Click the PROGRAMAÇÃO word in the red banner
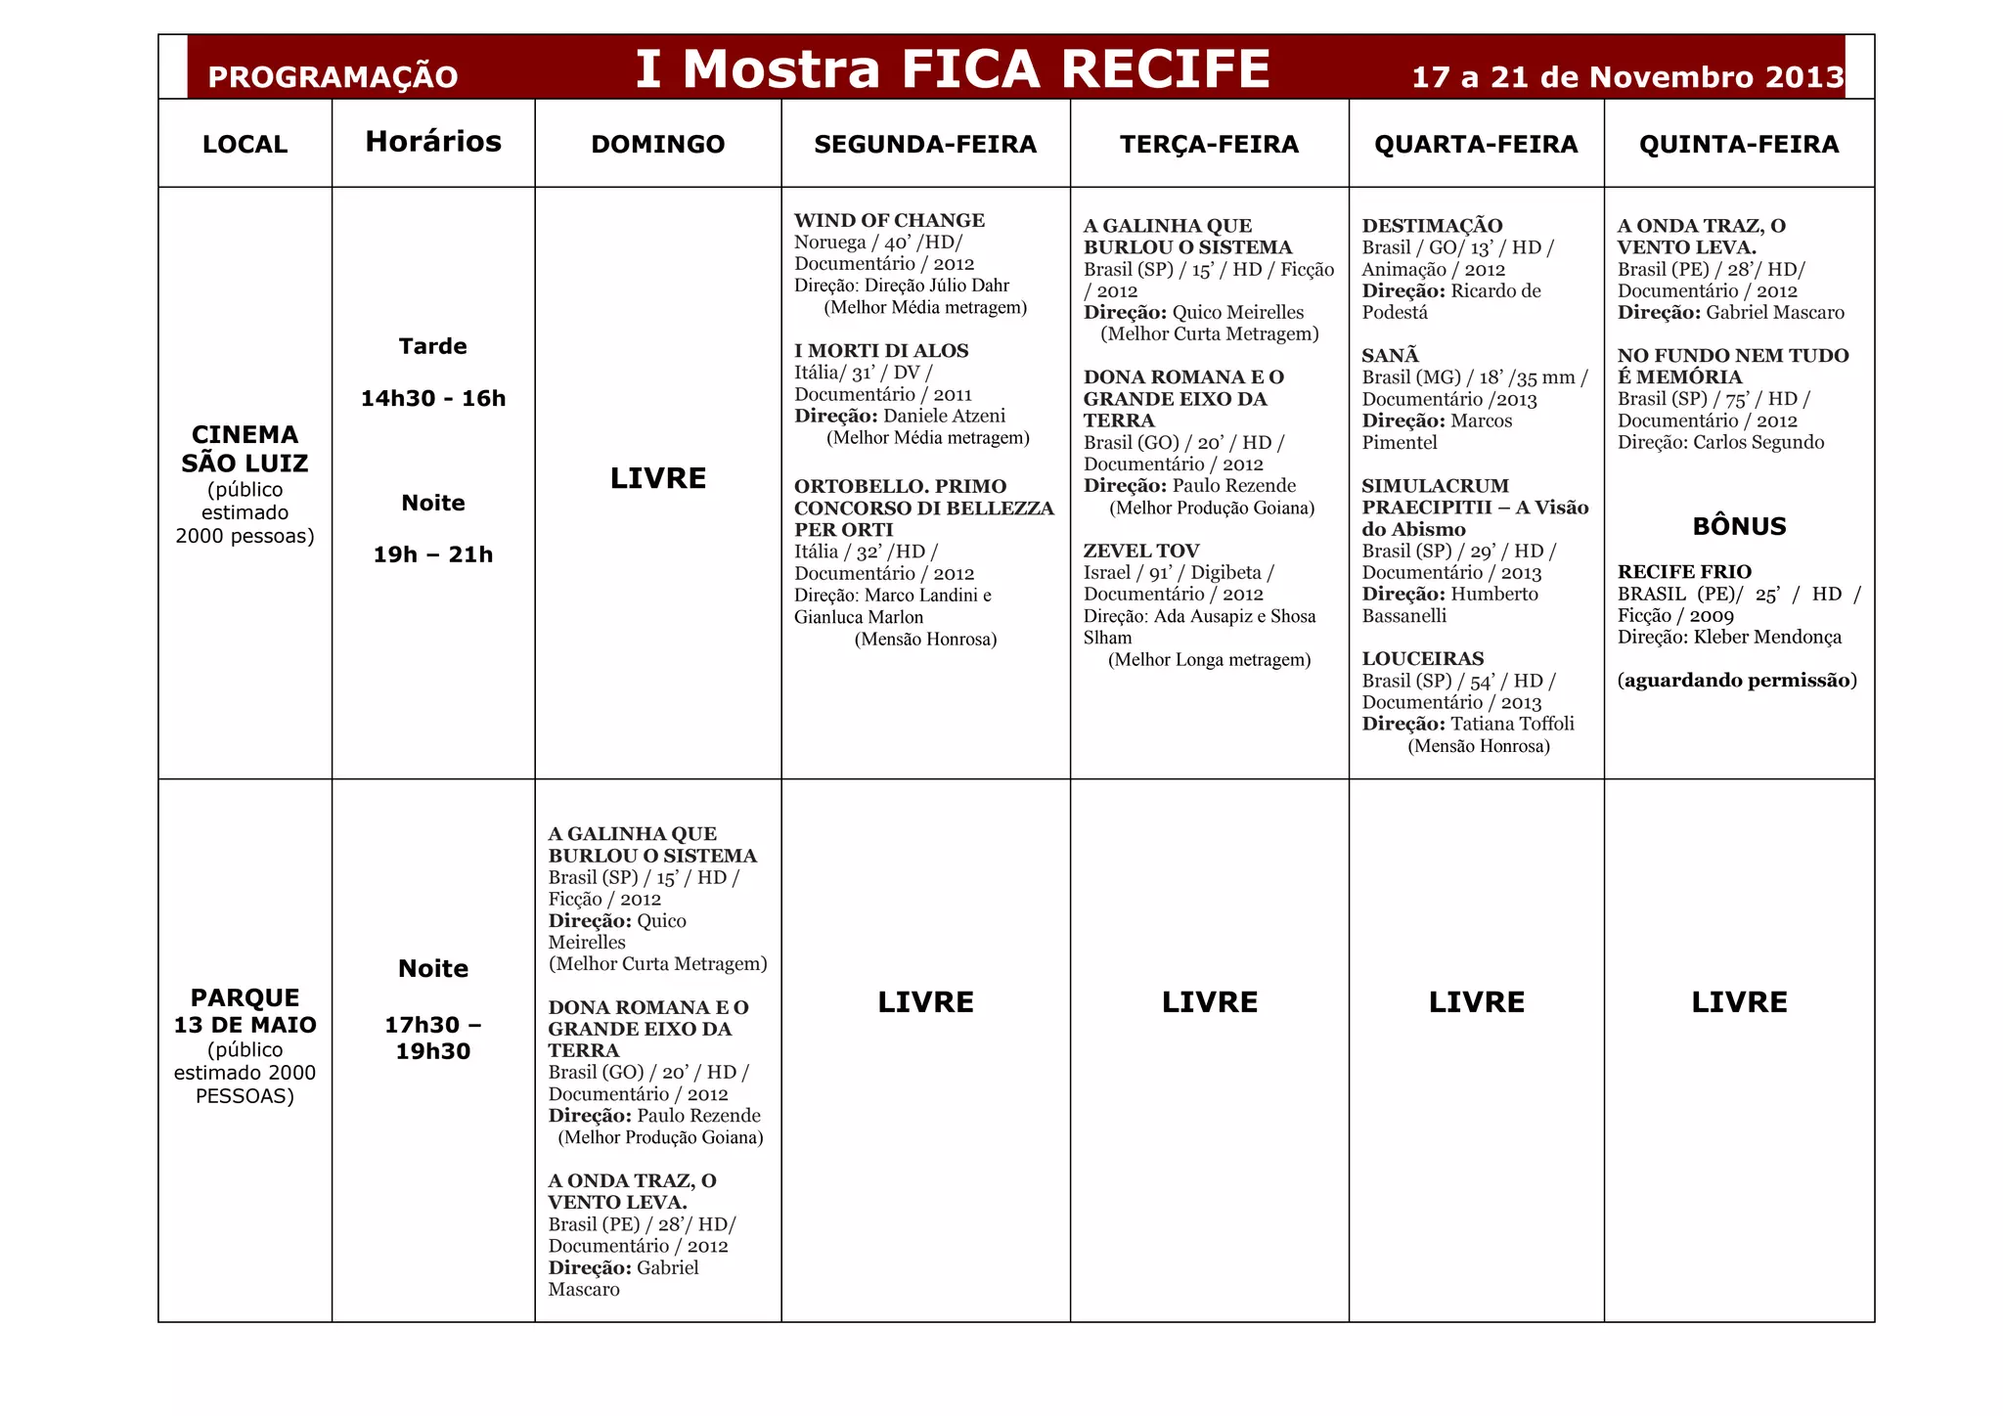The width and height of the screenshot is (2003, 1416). pyautogui.click(x=333, y=77)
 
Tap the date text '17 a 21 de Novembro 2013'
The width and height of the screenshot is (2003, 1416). pyautogui.click(x=1627, y=77)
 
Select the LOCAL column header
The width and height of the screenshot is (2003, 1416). pyautogui.click(x=245, y=145)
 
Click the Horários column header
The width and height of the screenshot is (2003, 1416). pyautogui.click(x=433, y=142)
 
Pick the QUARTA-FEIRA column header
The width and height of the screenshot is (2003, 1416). pyautogui.click(x=1476, y=145)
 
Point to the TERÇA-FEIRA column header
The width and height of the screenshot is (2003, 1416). pyautogui.click(x=1209, y=145)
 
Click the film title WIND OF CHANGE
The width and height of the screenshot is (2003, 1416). pyautogui.click(x=889, y=220)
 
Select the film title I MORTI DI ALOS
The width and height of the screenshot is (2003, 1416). pyautogui.click(x=881, y=350)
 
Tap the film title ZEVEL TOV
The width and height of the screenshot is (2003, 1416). pyautogui.click(x=1140, y=551)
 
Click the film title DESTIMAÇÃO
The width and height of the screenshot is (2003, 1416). pyautogui.click(x=1432, y=226)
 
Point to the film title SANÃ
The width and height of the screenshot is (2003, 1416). pyautogui.click(x=1390, y=355)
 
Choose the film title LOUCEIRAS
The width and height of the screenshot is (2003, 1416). pyautogui.click(x=1422, y=658)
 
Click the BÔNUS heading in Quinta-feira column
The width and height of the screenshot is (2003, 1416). pyautogui.click(x=1739, y=526)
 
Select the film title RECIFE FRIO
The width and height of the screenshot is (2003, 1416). pyautogui.click(x=1684, y=571)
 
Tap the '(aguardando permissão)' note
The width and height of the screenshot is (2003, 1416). pyautogui.click(x=1737, y=680)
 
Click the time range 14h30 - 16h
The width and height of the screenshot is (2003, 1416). pyautogui.click(x=433, y=398)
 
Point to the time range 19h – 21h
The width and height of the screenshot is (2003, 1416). pyautogui.click(x=433, y=554)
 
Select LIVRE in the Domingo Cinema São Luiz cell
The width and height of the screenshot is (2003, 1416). pyautogui.click(x=658, y=478)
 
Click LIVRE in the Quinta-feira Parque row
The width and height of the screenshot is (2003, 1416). pyautogui.click(x=1739, y=1002)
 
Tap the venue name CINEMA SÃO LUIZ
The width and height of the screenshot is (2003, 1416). pyautogui.click(x=245, y=449)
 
